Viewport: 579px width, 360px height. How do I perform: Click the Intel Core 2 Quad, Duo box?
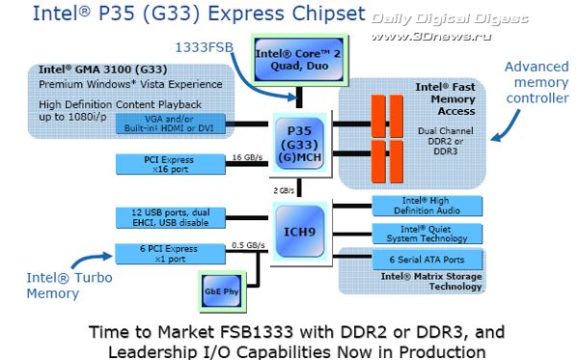click(x=299, y=60)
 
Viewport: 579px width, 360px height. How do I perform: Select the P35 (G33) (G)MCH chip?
click(x=299, y=144)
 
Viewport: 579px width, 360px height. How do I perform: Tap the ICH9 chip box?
click(x=299, y=232)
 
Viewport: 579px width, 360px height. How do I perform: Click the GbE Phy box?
click(x=222, y=291)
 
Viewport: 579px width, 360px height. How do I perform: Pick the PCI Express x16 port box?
click(x=170, y=164)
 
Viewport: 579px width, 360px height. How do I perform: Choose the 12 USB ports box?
click(x=170, y=218)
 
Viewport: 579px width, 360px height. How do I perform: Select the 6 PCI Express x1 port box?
click(x=170, y=254)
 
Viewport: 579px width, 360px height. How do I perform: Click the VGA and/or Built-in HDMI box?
click(x=170, y=124)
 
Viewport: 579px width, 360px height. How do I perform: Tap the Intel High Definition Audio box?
click(x=427, y=206)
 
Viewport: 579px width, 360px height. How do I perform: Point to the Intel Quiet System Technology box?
click(x=427, y=234)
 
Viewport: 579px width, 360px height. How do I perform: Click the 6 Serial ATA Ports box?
click(x=427, y=260)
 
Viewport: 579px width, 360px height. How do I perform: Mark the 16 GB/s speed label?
click(x=247, y=157)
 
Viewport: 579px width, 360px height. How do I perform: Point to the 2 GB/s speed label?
click(x=284, y=190)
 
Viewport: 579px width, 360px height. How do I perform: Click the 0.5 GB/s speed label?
click(x=248, y=245)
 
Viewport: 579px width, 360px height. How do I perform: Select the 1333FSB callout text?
click(x=204, y=47)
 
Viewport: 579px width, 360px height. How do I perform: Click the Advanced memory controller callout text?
click(x=537, y=82)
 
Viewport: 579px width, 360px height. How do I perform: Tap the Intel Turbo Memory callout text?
click(x=69, y=286)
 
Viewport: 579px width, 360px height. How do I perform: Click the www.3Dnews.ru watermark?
click(x=431, y=36)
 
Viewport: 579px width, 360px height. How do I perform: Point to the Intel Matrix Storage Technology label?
click(x=431, y=282)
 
